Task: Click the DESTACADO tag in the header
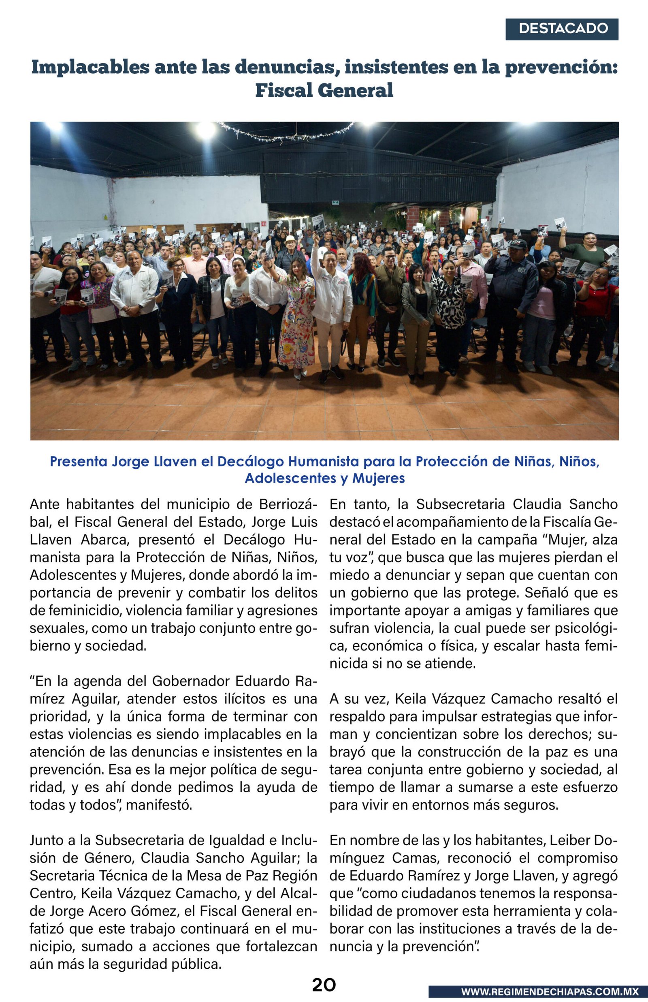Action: click(x=563, y=29)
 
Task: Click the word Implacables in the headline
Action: click(x=90, y=67)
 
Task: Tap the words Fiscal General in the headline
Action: click(x=324, y=90)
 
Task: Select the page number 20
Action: click(x=324, y=985)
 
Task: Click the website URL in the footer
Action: click(x=550, y=992)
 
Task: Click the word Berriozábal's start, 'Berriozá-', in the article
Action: click(x=288, y=504)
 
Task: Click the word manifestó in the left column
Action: click(x=159, y=805)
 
